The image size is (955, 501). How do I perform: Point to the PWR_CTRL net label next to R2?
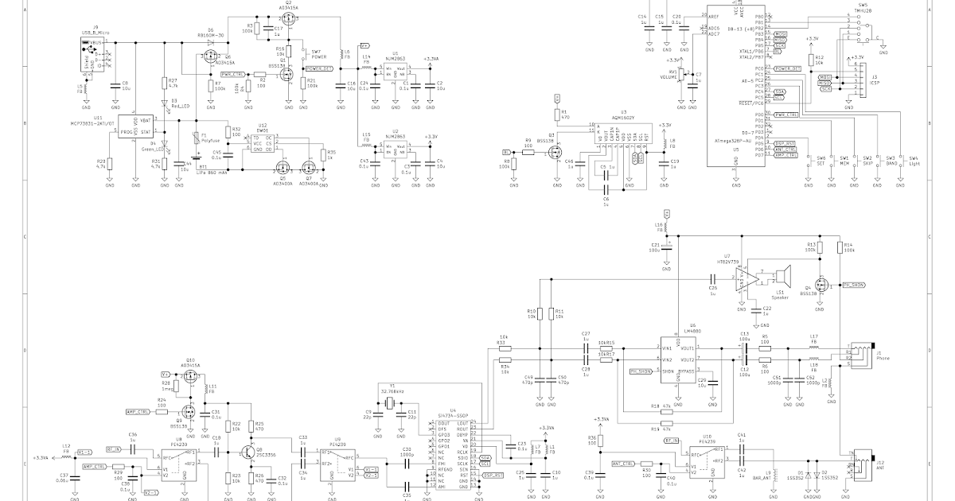232,73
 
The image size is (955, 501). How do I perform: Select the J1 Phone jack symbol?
859,355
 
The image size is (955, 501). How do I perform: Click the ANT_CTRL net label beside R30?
622,463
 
